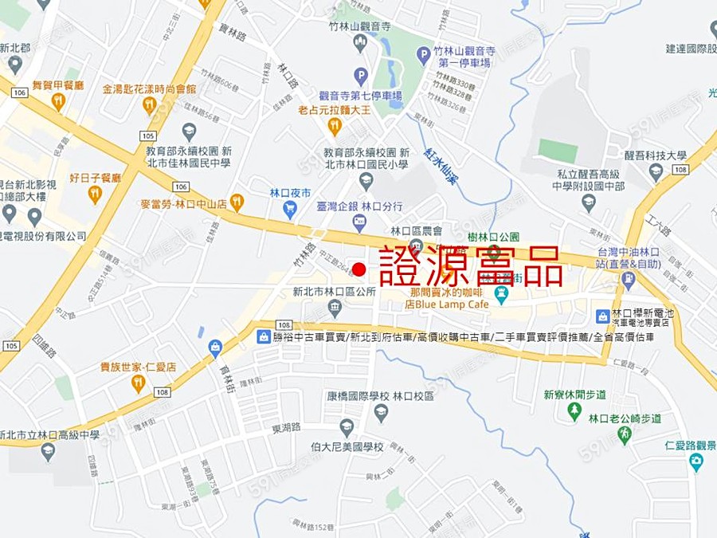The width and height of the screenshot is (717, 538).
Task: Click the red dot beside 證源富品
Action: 359,269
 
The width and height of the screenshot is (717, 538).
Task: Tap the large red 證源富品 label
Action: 472,265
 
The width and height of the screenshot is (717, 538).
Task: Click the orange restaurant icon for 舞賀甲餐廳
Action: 57,101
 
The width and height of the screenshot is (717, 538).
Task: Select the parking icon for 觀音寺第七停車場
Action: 361,77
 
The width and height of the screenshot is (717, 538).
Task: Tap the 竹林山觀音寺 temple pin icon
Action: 360,43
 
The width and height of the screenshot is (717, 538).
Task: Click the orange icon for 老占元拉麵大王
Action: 335,126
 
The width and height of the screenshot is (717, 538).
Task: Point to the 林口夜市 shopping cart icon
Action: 289,210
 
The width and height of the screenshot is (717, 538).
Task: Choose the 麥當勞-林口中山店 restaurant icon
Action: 237,202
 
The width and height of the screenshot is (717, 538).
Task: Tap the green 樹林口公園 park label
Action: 493,237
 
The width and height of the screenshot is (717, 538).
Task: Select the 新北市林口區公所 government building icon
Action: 335,308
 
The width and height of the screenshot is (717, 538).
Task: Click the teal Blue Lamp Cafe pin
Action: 501,296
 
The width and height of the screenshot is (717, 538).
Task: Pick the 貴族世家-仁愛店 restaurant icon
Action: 138,383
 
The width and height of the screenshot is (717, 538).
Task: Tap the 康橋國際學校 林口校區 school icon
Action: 381,412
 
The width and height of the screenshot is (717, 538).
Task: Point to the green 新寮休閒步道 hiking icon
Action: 574,410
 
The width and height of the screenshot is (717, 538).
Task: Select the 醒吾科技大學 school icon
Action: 656,171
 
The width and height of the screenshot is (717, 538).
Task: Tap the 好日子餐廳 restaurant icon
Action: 95,194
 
